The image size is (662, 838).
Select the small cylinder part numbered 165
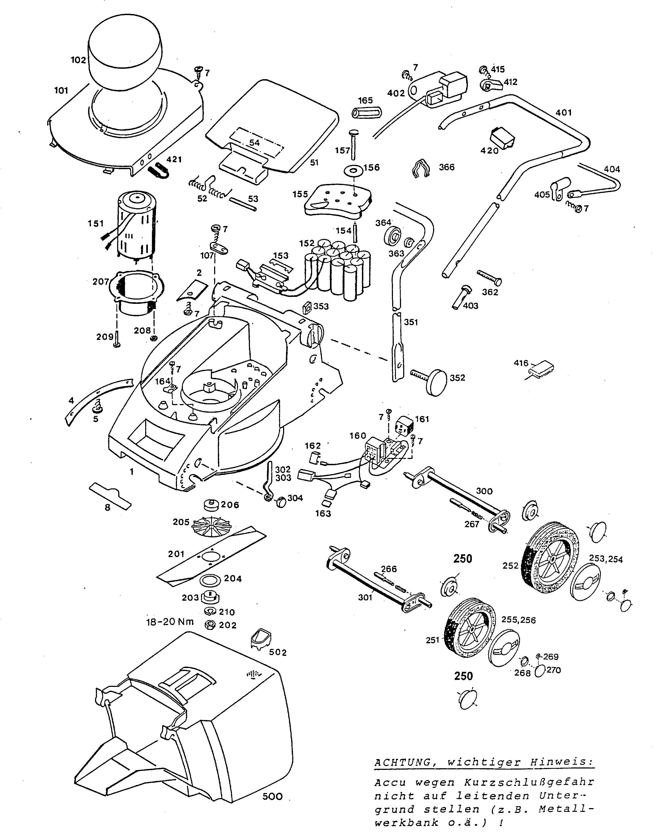pyautogui.click(x=366, y=113)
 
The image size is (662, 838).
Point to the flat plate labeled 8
pyautogui.click(x=110, y=495)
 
